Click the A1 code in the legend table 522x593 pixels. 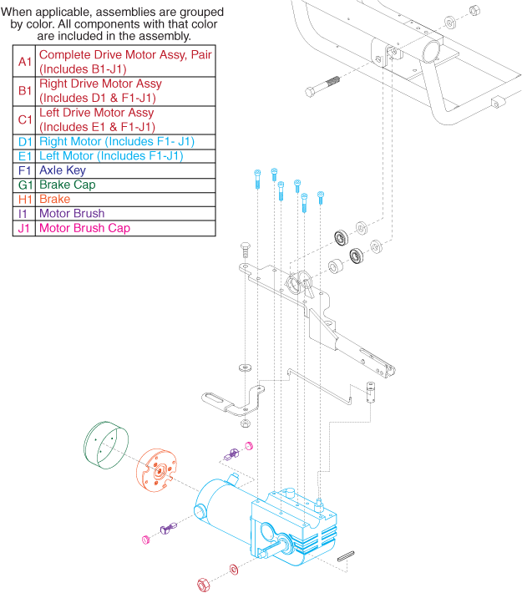24,62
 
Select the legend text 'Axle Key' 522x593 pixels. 63,170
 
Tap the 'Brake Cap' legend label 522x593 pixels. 67,185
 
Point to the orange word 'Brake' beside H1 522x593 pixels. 54,200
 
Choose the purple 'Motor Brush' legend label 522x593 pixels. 72,214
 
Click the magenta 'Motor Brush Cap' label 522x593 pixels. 84,228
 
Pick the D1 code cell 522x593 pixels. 24,142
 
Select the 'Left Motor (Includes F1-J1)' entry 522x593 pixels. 111,156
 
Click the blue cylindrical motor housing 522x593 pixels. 219,506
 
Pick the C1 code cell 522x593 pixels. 24,119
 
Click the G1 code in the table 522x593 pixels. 24,185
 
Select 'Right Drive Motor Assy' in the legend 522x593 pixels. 100,84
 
